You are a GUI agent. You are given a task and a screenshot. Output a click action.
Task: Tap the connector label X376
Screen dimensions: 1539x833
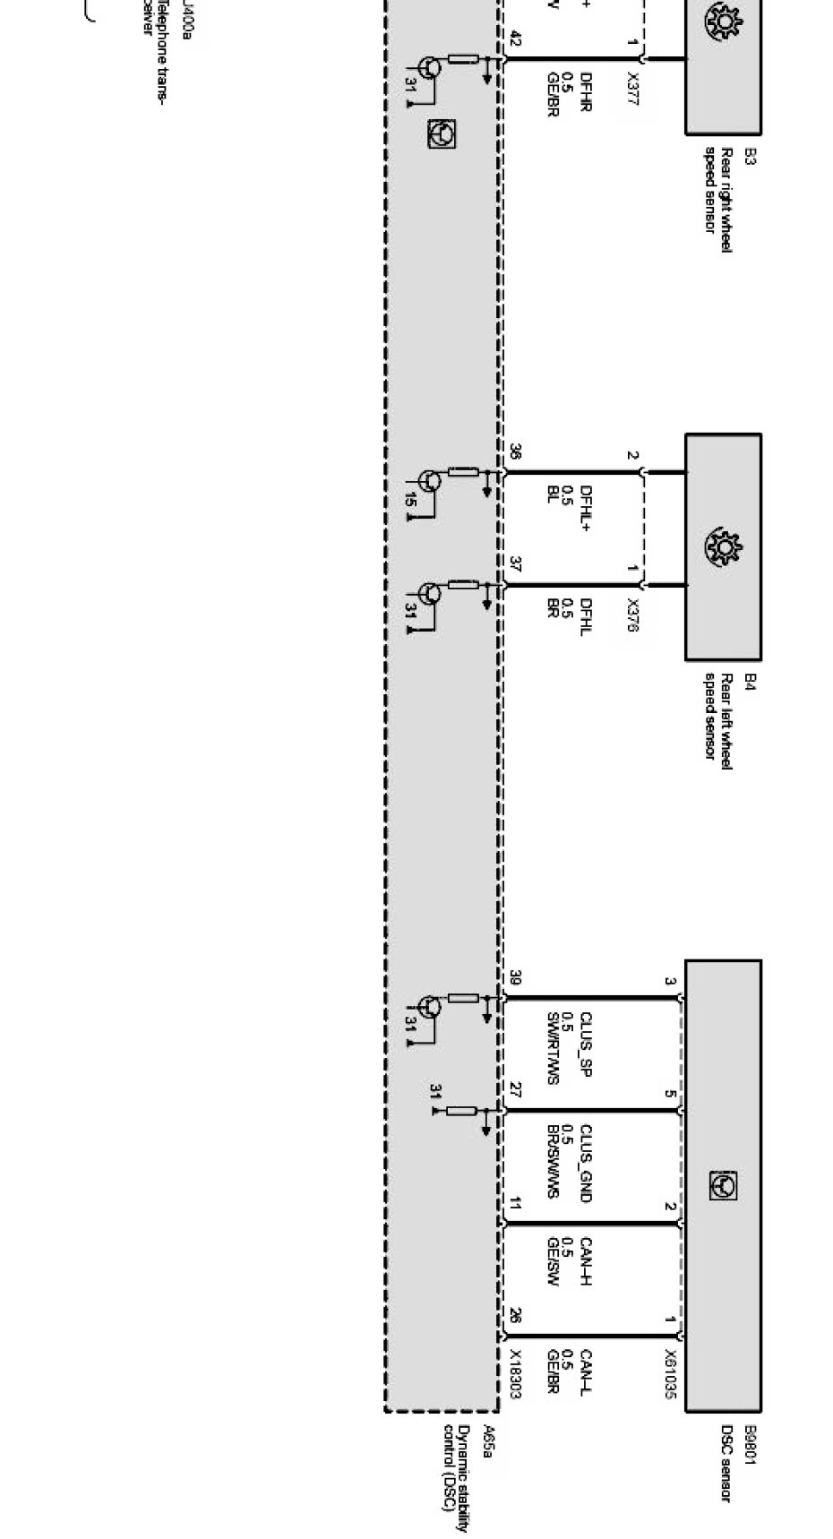coord(633,615)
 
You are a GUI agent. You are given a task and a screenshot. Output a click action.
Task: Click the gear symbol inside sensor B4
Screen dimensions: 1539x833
coord(722,546)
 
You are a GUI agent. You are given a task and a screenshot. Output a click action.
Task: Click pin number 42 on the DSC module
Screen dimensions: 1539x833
coord(515,39)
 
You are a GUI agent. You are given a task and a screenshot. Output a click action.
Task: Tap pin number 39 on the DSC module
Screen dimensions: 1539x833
coord(515,978)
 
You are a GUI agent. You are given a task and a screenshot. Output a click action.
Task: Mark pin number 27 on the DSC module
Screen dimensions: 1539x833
coord(515,1090)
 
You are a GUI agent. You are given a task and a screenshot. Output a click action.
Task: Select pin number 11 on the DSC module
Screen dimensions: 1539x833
coord(515,1204)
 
